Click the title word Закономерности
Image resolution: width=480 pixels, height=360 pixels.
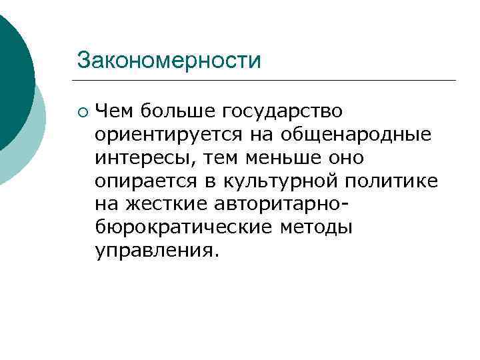[x=168, y=60]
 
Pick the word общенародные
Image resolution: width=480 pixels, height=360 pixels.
[x=355, y=136]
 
